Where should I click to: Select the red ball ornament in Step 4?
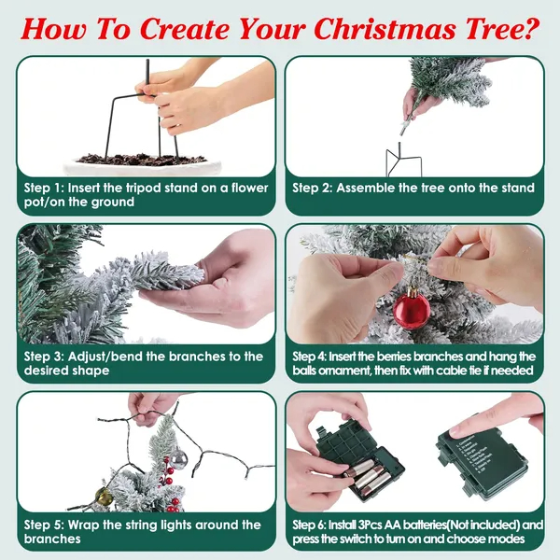(412, 309)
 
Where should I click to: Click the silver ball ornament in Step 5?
(178, 459)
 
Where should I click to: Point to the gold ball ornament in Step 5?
(104, 497)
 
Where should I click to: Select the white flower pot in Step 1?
(143, 165)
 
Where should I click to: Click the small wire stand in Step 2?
(403, 160)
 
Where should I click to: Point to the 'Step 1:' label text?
(44, 188)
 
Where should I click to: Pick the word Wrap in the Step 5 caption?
(84, 525)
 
